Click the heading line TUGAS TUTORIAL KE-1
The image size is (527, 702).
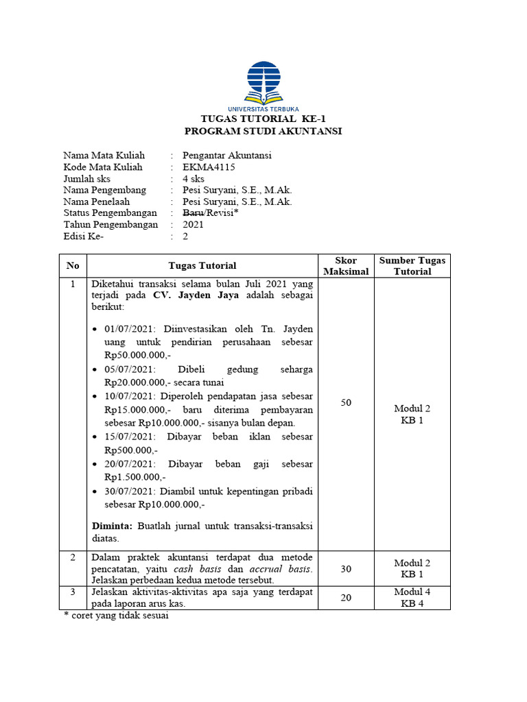pos(263,119)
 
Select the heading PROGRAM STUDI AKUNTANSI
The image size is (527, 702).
pos(263,131)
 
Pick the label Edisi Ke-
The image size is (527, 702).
pos(87,237)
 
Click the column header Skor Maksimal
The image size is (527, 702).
pos(346,266)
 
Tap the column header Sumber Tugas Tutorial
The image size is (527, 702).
pos(412,266)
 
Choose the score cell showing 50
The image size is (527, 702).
pos(346,403)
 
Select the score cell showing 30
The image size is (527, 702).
pos(346,569)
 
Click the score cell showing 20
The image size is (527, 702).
pos(346,598)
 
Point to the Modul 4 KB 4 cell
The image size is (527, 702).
pos(412,598)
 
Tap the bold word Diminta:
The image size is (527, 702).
pos(113,526)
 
